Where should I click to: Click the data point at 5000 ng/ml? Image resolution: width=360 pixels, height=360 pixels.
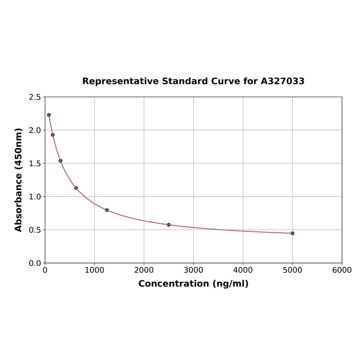[x=292, y=233]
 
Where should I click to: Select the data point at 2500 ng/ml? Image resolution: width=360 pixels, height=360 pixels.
[x=169, y=225]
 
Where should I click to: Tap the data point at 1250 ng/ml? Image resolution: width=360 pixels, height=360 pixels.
[x=107, y=210]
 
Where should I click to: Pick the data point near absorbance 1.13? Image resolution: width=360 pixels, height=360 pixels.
[x=76, y=188]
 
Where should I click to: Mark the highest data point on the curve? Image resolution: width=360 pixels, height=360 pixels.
[x=49, y=115]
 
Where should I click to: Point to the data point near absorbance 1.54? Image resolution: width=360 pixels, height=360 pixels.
[x=60, y=161]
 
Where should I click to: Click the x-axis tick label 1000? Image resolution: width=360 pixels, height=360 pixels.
[x=94, y=270]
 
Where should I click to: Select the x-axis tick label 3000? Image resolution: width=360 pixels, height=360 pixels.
[x=193, y=270]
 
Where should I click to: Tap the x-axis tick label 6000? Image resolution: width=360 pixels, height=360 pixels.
[x=342, y=270]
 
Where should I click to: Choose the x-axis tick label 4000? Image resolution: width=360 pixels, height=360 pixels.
[x=243, y=270]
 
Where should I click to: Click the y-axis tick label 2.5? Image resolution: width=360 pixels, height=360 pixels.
[x=35, y=97]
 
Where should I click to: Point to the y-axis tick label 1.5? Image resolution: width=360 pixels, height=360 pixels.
[x=35, y=164]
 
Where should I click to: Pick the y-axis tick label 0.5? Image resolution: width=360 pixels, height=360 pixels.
[x=35, y=230]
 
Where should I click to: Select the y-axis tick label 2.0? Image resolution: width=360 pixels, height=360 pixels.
[x=35, y=130]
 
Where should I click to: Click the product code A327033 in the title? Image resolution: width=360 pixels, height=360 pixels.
[x=283, y=81]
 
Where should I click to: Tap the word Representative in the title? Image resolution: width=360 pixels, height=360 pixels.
[x=120, y=81]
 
